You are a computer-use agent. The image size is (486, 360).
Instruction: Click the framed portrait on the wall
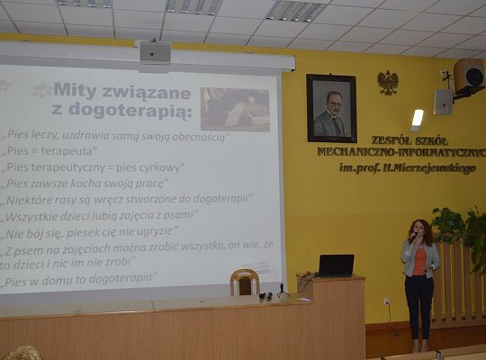331,108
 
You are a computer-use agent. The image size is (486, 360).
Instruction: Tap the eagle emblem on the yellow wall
388,83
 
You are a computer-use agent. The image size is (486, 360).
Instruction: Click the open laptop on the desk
336,265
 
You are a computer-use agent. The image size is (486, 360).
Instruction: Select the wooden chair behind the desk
244,283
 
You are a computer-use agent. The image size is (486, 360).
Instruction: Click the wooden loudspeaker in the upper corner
469,76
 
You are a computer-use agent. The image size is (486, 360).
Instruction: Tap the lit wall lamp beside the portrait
417,118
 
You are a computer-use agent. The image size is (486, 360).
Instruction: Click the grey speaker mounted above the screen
155,52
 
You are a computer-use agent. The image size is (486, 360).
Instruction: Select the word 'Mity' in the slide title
76,91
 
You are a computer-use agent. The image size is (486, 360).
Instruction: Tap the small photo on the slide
234,109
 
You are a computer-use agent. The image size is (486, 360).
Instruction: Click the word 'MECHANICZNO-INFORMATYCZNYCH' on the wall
401,153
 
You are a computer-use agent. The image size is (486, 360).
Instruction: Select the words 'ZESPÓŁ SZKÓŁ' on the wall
401,140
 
